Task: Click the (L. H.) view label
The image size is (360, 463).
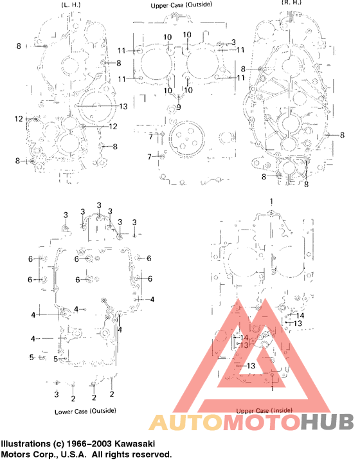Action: coord(71,4)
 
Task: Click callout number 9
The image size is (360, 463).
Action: coord(179,107)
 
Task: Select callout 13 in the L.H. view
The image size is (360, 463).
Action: coord(123,105)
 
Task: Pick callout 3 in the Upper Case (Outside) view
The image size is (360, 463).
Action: coord(233,42)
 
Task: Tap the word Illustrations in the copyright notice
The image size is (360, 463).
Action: coord(26,444)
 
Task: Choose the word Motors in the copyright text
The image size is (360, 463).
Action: coord(15,454)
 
